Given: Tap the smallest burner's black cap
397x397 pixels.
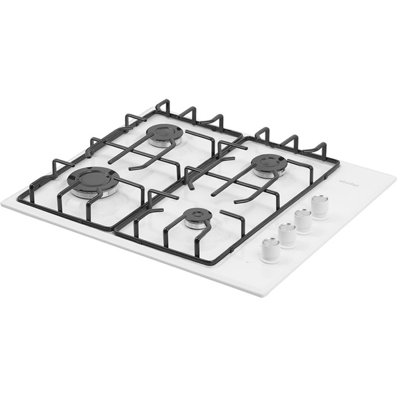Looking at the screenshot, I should [x=197, y=215].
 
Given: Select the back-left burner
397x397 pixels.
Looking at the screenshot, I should [x=164, y=132].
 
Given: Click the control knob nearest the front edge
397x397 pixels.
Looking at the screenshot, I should [x=270, y=249].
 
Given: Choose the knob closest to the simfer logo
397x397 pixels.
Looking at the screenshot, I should [x=320, y=206].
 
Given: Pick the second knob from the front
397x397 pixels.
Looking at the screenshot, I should [x=287, y=234].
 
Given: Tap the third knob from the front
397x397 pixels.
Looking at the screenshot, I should [x=304, y=219].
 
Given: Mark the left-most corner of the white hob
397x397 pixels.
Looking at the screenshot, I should [x=2, y=202].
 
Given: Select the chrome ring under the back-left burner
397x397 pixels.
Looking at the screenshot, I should [x=163, y=142].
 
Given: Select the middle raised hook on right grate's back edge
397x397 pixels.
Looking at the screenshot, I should [x=289, y=140].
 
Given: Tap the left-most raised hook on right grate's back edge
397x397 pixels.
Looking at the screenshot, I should [x=263, y=132].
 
